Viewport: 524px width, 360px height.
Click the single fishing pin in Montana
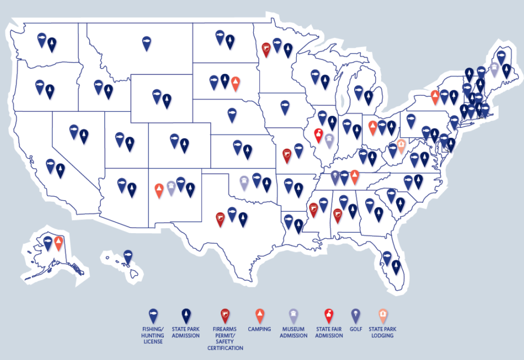[147, 42]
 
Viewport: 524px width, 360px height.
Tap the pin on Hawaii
[128, 256]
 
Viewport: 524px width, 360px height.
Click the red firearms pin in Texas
[220, 218]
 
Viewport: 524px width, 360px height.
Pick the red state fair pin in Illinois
[318, 134]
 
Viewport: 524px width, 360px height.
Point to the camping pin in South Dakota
[236, 83]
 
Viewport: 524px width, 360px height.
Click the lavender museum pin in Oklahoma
[244, 182]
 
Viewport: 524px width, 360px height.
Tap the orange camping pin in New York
[435, 97]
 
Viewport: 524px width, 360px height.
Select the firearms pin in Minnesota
[266, 49]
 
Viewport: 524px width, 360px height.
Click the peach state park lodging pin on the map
[402, 146]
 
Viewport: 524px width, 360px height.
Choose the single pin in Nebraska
[232, 114]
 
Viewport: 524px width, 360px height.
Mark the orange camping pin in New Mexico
[159, 190]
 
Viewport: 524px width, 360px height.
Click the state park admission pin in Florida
[397, 267]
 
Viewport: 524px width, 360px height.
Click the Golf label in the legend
[356, 329]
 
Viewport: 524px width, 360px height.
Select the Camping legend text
[260, 329]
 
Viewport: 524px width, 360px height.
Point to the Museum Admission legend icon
[294, 315]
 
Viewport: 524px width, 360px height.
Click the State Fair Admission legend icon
[328, 315]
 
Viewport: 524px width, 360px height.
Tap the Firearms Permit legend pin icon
[225, 315]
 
